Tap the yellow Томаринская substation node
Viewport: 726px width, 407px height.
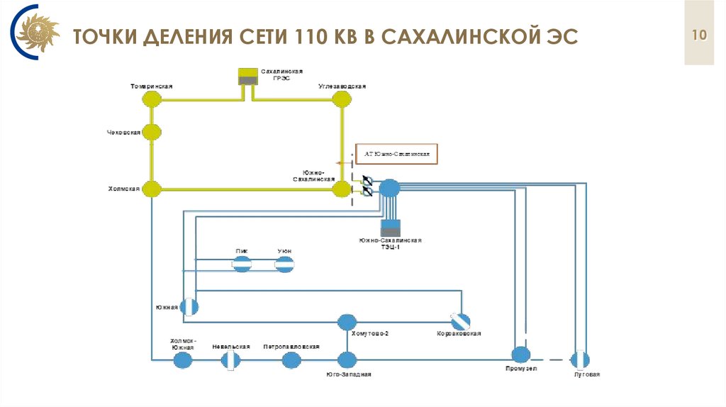[151, 99]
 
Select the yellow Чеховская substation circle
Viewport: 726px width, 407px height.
[151, 132]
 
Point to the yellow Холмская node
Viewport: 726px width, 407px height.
[151, 189]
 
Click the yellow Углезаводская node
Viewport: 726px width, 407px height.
[342, 99]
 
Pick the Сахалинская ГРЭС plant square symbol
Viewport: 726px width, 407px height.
[248, 77]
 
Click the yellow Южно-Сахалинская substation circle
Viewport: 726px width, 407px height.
[343, 189]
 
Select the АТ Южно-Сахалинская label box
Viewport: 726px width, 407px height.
[397, 154]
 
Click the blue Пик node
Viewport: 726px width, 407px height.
[242, 264]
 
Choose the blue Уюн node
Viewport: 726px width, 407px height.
[284, 264]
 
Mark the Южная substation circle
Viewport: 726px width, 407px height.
[189, 306]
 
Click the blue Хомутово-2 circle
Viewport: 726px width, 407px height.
[346, 322]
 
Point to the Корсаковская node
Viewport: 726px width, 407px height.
[460, 321]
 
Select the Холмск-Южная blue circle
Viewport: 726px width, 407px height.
[183, 360]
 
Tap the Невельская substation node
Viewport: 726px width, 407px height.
[230, 360]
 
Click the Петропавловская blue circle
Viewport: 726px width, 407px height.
[291, 360]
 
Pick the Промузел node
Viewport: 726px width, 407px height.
[521, 354]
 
